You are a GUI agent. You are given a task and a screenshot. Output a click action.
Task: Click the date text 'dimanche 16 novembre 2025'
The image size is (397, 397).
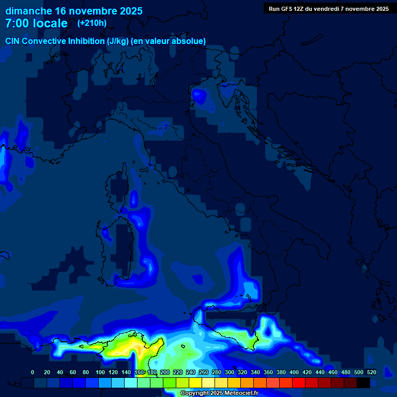click(x=74, y=11)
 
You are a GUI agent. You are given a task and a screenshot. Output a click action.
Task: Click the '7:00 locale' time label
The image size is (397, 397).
click(x=36, y=23)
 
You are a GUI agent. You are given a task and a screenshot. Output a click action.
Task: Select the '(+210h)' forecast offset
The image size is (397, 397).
click(x=92, y=23)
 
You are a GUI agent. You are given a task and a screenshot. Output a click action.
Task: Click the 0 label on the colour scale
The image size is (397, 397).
click(x=33, y=372)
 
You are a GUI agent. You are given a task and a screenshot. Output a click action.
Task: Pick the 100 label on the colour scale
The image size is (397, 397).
click(x=100, y=372)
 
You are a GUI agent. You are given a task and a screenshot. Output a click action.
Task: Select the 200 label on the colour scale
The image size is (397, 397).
click(x=165, y=372)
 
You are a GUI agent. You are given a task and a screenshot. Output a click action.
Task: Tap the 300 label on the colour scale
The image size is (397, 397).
click(x=230, y=372)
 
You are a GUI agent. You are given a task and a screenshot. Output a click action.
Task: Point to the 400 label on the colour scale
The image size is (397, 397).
click(x=294, y=372)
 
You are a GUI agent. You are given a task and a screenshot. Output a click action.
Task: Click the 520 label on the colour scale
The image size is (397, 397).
click(x=371, y=372)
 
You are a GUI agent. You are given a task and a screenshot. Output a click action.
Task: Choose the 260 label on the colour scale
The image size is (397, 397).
click(x=204, y=372)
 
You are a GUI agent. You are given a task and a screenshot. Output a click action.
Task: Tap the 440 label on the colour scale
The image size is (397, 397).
click(x=320, y=372)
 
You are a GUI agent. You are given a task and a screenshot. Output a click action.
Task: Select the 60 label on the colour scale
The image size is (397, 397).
click(x=72, y=372)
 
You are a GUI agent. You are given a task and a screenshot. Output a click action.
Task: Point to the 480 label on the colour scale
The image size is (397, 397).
click(x=346, y=372)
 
